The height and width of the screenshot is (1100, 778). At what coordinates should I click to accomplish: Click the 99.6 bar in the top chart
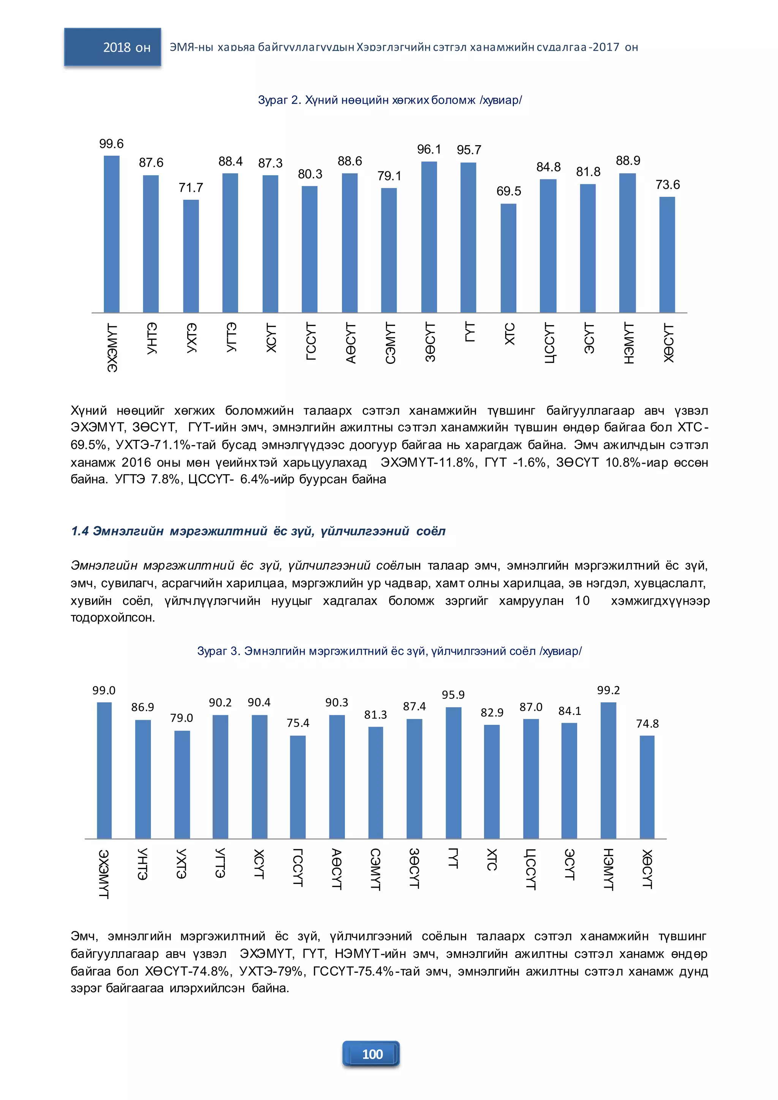point(112,234)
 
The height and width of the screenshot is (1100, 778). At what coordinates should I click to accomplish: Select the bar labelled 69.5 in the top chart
point(509,258)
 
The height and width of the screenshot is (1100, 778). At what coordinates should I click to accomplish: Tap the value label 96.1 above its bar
point(429,150)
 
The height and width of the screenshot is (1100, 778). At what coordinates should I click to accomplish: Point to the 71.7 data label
point(191,187)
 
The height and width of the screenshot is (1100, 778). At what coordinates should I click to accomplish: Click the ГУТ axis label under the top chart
point(470,332)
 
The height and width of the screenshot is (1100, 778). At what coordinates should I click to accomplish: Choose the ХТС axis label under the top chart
point(509,334)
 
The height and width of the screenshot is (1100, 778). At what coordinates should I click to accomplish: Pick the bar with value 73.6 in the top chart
point(667,255)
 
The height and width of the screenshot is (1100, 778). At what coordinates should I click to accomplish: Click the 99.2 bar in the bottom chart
point(609,770)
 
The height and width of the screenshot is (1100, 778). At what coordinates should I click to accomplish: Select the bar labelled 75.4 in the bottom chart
point(298,787)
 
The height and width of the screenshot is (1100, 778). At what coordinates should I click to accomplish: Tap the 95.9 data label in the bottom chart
point(453,695)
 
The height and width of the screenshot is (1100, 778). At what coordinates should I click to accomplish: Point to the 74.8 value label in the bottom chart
point(647,724)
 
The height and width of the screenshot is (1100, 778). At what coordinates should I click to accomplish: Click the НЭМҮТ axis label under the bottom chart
point(609,869)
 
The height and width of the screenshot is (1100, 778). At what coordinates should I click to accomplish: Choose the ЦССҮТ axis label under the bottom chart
point(531,869)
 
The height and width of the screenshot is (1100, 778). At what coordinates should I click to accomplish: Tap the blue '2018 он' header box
point(112,47)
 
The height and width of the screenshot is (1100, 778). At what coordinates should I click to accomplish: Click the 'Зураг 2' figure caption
point(390,100)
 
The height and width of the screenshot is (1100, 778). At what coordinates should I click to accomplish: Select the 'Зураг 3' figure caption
point(389,651)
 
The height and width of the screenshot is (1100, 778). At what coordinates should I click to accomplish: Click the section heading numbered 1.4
point(258,531)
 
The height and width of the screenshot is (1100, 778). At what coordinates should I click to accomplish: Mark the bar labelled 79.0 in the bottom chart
point(182,785)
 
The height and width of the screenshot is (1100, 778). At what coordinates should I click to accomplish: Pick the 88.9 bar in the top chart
point(628,243)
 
